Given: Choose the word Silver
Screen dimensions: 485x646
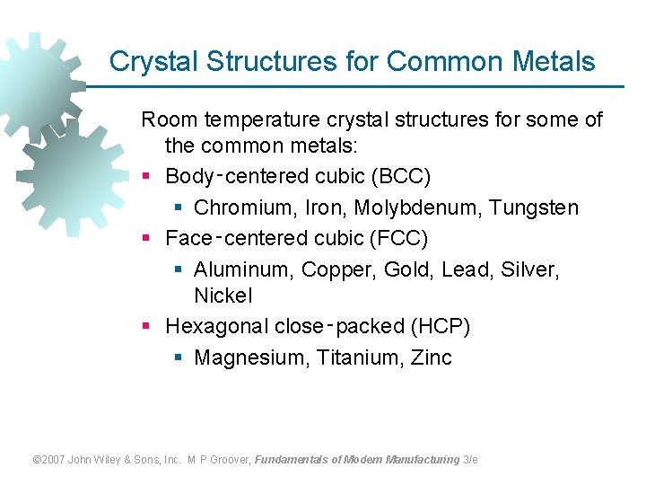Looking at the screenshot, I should [x=532, y=269].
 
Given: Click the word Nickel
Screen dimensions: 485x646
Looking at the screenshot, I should [x=223, y=295].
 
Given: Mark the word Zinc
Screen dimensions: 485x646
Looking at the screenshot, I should [x=432, y=357].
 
